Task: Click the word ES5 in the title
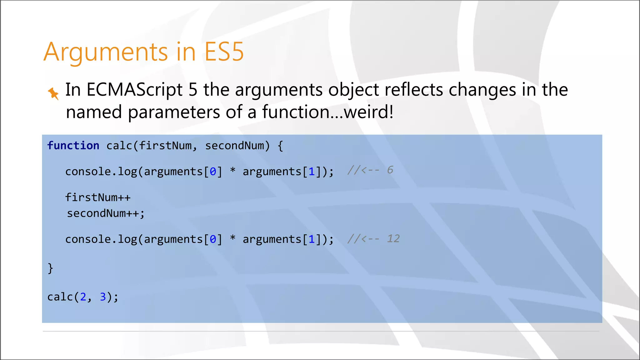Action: (224, 52)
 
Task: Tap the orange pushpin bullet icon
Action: (53, 93)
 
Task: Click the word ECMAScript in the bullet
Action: (134, 90)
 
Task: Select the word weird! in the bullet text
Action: (368, 112)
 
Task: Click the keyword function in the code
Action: (73, 146)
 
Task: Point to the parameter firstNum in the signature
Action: (165, 146)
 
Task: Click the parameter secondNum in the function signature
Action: (234, 146)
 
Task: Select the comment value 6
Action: (390, 170)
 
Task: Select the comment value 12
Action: (393, 239)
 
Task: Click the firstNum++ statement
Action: (98, 197)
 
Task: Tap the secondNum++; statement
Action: (106, 213)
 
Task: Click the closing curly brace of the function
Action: (50, 268)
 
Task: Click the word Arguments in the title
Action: (106, 52)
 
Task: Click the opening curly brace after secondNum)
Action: (280, 146)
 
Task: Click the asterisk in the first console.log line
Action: (232, 171)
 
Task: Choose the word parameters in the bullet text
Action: (174, 112)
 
